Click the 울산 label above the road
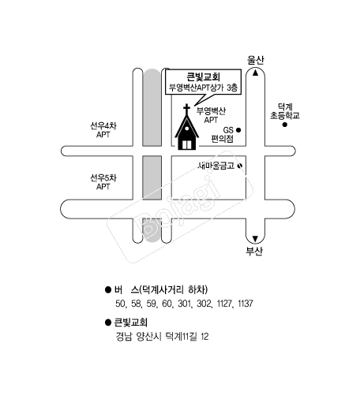[255, 60]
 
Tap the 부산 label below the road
[254, 251]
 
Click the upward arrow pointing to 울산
[255, 73]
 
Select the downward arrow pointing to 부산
[255, 239]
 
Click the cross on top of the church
[187, 109]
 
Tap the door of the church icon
[187, 144]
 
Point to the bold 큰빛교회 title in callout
[203, 76]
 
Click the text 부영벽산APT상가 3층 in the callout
[203, 88]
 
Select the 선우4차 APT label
[103, 130]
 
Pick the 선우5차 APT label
[103, 182]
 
